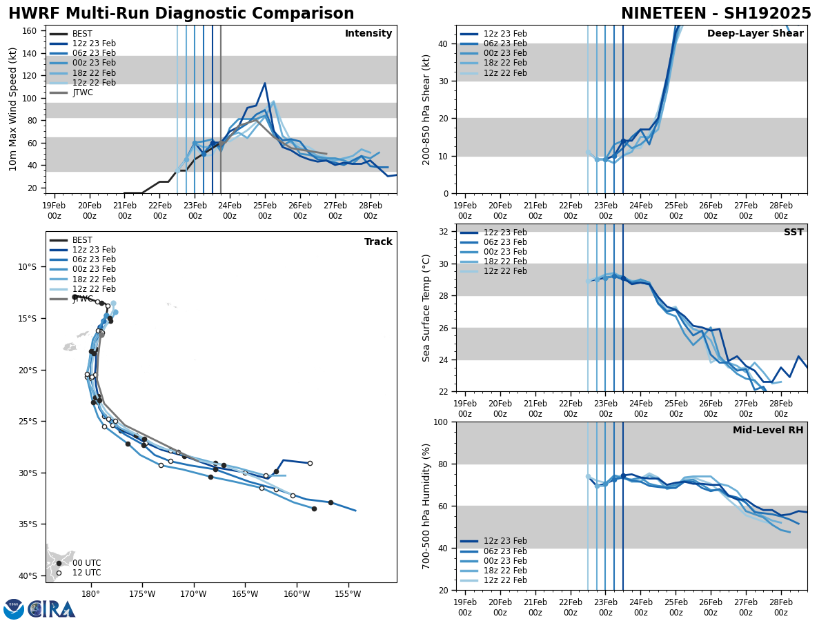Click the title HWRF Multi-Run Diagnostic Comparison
click(x=181, y=14)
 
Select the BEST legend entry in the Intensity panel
click(x=82, y=34)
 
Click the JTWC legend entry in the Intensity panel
click(x=82, y=92)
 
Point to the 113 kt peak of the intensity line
click(x=265, y=83)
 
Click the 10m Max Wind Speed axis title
click(x=14, y=109)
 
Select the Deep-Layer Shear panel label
click(x=755, y=34)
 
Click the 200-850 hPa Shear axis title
click(x=426, y=109)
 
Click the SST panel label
click(x=793, y=233)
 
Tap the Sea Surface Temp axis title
click(x=426, y=308)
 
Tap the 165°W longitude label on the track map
click(x=244, y=593)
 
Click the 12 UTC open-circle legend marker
click(x=59, y=573)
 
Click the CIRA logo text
click(x=52, y=609)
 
